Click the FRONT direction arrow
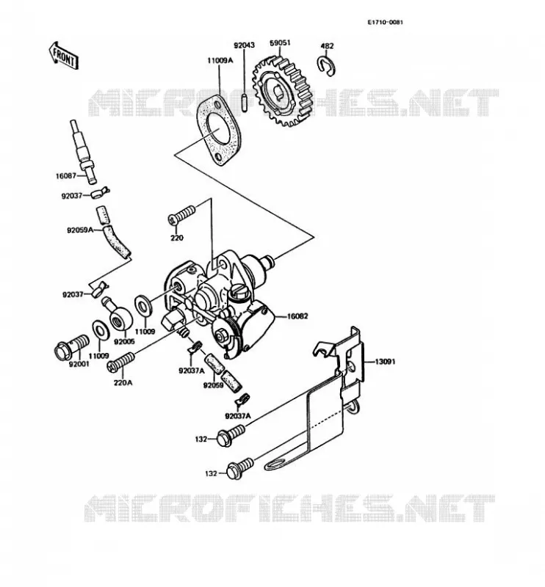click(x=64, y=56)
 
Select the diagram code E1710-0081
click(x=385, y=22)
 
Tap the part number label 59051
click(x=280, y=43)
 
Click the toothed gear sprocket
click(x=280, y=91)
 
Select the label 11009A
click(x=220, y=60)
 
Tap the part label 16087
click(x=65, y=175)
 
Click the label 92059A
click(x=80, y=230)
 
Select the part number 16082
click(x=297, y=316)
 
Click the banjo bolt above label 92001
click(x=72, y=346)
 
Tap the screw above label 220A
click(x=120, y=362)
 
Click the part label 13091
click(x=385, y=362)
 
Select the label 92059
click(x=213, y=384)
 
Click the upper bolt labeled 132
click(x=231, y=435)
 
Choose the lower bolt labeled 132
click(x=240, y=468)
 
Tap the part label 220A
click(x=123, y=382)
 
